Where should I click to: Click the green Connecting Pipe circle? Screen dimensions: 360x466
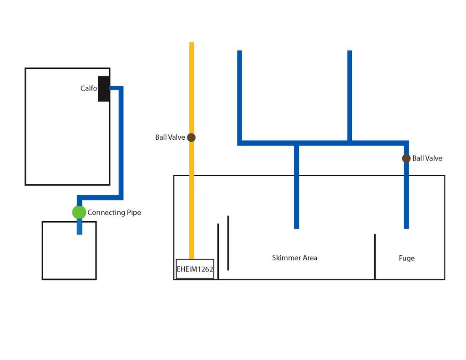coord(79,212)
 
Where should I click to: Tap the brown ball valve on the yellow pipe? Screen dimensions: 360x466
coord(191,137)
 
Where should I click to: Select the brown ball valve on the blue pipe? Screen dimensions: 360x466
coord(406,158)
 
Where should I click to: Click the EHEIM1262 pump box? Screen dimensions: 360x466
coord(195,269)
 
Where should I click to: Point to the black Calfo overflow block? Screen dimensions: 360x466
coord(104,89)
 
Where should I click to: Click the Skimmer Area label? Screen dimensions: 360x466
coord(294,258)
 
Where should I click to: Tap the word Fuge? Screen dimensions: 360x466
coord(406,258)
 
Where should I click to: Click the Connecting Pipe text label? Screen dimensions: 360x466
coord(114,213)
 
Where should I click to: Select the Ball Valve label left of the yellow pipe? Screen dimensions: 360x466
coord(170,137)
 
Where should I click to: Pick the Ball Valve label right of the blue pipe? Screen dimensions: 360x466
coord(427,158)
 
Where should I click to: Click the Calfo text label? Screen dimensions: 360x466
coord(89,88)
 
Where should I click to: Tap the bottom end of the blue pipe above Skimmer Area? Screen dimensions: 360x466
coord(296,226)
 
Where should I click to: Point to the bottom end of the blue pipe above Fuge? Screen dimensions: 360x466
coord(406,226)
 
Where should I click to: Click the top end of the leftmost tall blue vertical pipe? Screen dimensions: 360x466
coord(239,52)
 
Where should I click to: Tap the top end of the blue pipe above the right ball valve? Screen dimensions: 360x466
coord(349,52)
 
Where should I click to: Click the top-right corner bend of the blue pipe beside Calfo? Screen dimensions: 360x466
coord(121,88)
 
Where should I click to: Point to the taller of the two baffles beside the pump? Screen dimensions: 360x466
coord(228,243)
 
